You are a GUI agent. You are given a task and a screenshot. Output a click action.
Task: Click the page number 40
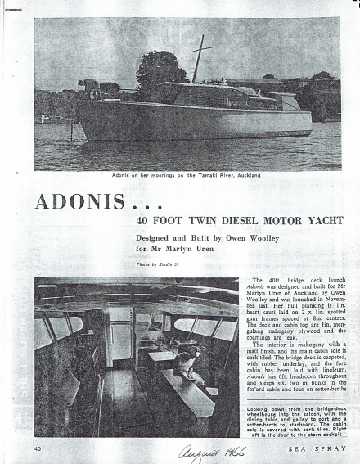point(38,448)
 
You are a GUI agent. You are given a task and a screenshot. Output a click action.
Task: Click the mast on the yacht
point(196,59)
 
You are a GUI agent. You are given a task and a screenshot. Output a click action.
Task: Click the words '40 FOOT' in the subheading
point(155,220)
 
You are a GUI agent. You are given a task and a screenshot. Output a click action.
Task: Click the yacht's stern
point(306,123)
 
